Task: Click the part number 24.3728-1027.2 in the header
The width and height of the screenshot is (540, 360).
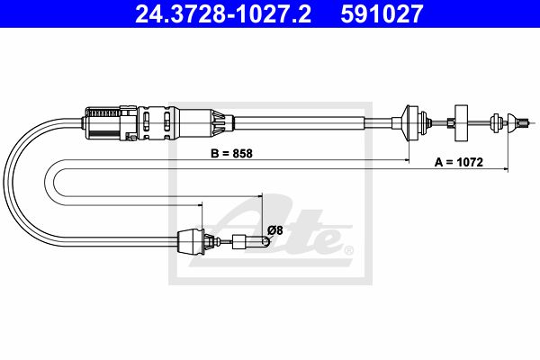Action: [x=223, y=13]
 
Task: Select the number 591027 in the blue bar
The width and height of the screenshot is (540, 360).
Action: [x=382, y=13]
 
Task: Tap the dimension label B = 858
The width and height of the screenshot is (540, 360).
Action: [x=231, y=153]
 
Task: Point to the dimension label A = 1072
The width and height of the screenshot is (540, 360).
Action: [x=459, y=162]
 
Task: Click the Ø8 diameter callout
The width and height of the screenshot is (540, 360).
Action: [x=274, y=230]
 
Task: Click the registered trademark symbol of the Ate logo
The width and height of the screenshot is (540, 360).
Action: [x=348, y=250]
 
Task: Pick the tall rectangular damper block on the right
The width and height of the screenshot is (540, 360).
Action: [x=461, y=122]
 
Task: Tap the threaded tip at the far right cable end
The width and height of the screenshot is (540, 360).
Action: [x=524, y=122]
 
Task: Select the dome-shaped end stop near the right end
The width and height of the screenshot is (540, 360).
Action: [x=513, y=122]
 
